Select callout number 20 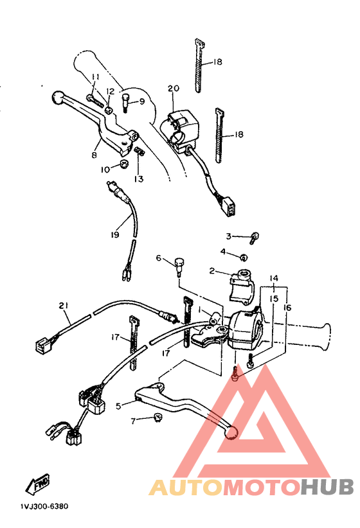coord(172,89)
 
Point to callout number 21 coord(63,305)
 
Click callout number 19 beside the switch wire coord(114,235)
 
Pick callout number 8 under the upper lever coord(94,155)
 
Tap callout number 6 coord(158,258)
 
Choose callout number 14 coord(274,279)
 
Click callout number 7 coord(134,421)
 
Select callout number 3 coord(228,236)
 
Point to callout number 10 coord(104,170)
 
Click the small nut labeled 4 coord(244,257)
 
